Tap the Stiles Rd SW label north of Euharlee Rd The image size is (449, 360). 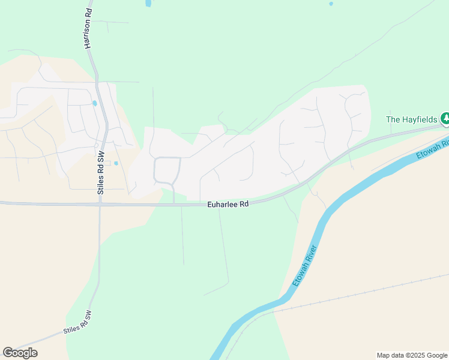coord(101,172)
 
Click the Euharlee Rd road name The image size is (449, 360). coord(228,204)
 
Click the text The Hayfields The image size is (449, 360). coord(411,119)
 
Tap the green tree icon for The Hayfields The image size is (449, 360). coord(445,119)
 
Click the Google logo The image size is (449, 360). coord(20,353)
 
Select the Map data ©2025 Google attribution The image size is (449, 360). coord(412,355)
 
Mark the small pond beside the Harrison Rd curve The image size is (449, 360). coord(95,103)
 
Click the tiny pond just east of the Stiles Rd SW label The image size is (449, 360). coord(116,163)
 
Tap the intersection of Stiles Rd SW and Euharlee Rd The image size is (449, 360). coord(100,204)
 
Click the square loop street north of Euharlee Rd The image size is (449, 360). coord(167,170)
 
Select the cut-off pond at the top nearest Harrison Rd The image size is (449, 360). coord(148,3)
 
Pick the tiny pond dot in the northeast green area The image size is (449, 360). coord(331,4)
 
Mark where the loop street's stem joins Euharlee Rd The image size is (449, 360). coord(175,204)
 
